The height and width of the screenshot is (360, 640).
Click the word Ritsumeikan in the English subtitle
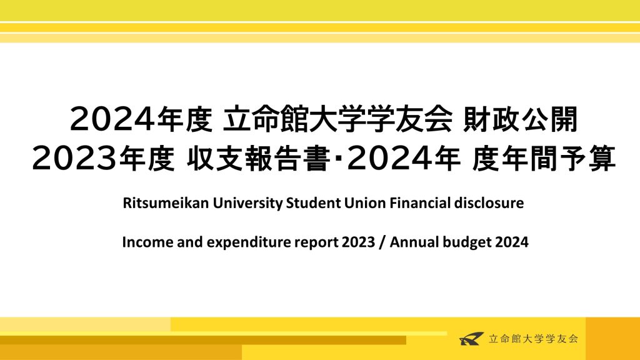tap(166, 203)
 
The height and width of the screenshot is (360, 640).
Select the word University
tap(247, 203)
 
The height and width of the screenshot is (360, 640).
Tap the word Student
tap(314, 203)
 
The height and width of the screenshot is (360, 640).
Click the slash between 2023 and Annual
tap(382, 242)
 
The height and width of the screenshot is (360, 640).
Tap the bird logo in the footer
tap(471, 338)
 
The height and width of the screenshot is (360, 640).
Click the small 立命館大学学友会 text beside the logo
tap(534, 339)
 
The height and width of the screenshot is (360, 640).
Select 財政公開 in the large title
tap(520, 119)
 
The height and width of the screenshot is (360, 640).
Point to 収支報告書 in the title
tap(259, 158)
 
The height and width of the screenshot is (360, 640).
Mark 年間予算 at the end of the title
tap(558, 158)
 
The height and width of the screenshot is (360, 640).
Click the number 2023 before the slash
tap(358, 242)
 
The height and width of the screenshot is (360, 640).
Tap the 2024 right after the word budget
tap(512, 242)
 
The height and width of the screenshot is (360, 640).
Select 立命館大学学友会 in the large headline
tap(337, 119)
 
